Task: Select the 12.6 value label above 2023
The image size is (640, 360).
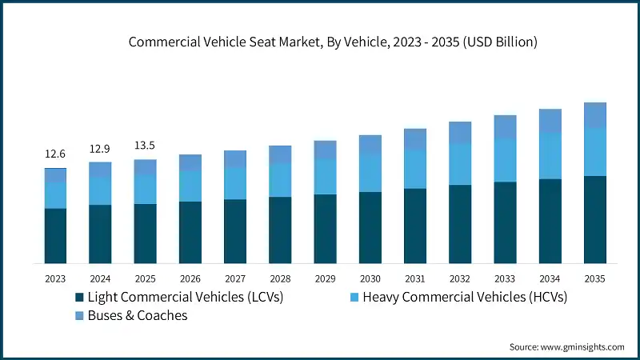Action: (x=55, y=154)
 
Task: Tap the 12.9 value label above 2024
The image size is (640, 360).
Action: (x=100, y=149)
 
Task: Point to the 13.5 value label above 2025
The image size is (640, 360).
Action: (x=145, y=146)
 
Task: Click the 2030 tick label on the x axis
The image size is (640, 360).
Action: (x=370, y=279)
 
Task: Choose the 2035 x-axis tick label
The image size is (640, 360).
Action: (x=594, y=279)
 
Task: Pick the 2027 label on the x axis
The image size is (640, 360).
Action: (x=235, y=279)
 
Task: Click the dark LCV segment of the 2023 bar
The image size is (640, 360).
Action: (x=55, y=236)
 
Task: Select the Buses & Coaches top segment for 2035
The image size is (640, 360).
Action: (x=594, y=115)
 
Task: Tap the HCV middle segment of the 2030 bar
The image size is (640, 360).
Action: (x=370, y=173)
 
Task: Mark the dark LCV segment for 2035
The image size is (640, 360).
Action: (x=594, y=220)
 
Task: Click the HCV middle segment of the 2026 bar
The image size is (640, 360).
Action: (x=190, y=186)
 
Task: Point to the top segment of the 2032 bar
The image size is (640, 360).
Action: (x=460, y=133)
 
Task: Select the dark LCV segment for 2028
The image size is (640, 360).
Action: (x=280, y=230)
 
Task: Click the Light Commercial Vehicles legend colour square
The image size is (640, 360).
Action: (x=79, y=298)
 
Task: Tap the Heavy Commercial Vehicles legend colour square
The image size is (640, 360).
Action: (x=354, y=298)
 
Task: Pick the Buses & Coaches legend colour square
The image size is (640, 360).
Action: (x=79, y=316)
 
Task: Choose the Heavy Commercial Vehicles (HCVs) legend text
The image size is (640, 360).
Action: (x=465, y=298)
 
